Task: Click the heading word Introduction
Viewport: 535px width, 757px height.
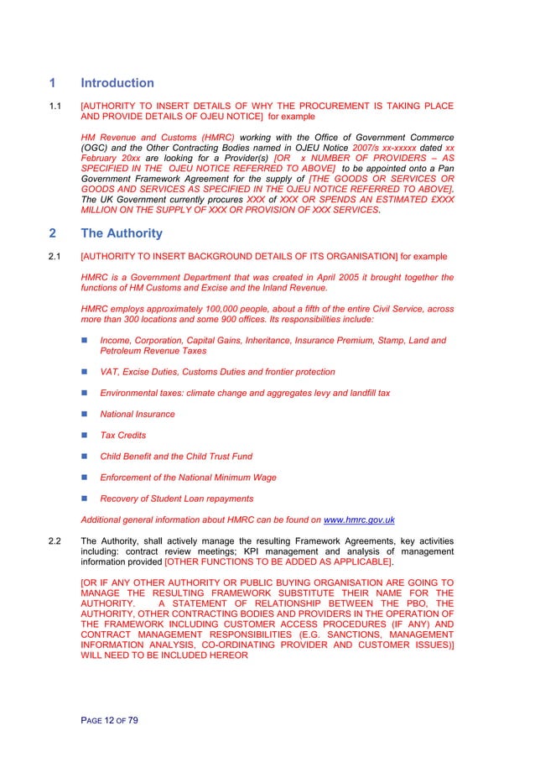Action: click(x=117, y=83)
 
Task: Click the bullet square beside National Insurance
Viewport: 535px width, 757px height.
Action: click(x=84, y=415)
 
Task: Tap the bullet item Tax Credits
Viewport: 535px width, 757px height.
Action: click(x=122, y=436)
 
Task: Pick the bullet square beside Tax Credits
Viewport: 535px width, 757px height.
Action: click(x=84, y=436)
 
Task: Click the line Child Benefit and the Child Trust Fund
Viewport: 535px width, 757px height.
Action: click(x=175, y=457)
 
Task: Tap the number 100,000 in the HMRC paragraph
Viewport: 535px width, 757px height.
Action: click(x=216, y=310)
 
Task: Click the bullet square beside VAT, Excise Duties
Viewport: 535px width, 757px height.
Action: click(x=84, y=372)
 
